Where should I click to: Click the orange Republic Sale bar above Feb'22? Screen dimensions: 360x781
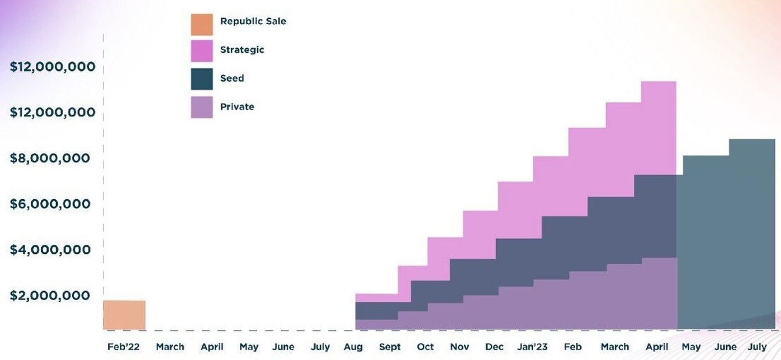[124, 315]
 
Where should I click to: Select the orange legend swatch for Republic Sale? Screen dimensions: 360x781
[202, 25]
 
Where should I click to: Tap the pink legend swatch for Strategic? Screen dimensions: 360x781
[202, 51]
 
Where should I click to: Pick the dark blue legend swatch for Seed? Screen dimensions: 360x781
[202, 79]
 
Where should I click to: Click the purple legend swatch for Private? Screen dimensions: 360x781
[202, 107]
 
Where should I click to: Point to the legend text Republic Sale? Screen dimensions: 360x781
[253, 21]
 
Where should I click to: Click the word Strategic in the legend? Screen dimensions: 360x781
[242, 49]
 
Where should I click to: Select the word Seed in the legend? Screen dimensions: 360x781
[232, 78]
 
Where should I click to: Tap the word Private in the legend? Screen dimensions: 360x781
[237, 106]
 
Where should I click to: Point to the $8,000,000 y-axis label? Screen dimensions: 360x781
[50, 158]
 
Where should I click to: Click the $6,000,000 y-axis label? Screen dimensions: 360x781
[50, 204]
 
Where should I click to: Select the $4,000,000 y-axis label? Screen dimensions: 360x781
[50, 249]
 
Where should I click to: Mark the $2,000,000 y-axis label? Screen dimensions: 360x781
[50, 296]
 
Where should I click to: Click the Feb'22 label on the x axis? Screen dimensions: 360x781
[124, 347]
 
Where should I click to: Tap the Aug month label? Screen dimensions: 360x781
[353, 347]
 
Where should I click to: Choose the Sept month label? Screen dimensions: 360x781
[390, 347]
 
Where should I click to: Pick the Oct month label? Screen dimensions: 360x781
[425, 347]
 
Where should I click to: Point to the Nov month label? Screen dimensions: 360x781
[459, 347]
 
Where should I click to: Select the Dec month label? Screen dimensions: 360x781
[494, 347]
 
